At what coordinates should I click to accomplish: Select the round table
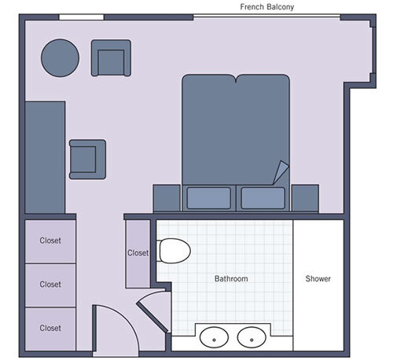coord(61,57)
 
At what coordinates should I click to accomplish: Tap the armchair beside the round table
coord(111,58)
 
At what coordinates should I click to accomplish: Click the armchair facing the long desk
coord(87,160)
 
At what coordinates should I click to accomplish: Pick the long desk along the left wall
coord(45,157)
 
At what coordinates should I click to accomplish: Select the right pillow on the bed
coord(263,197)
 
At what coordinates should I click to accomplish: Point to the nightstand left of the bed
coord(167,198)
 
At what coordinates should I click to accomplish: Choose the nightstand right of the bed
coord(304,198)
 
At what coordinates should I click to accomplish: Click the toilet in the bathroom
coord(174,252)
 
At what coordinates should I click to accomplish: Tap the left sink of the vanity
coord(213,338)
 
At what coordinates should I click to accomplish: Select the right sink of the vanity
coord(252,338)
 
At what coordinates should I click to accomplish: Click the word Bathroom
coord(231,279)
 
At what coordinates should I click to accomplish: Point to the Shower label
coord(318,279)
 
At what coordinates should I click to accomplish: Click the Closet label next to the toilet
coord(138,253)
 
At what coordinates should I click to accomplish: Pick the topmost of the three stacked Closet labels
coord(50,241)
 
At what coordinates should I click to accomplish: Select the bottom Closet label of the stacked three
coord(50,328)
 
